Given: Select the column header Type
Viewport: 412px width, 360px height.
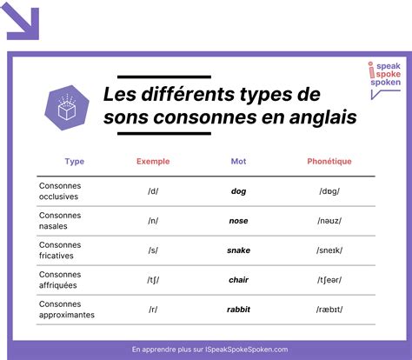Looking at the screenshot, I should click(75, 161).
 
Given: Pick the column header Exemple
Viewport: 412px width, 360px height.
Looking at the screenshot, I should click(153, 161).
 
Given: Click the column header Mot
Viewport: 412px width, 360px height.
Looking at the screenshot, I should click(238, 161).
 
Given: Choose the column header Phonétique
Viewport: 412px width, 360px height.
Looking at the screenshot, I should click(329, 161).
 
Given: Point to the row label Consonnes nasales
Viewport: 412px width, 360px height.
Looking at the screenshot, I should click(58, 220).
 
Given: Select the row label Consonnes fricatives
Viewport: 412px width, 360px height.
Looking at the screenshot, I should click(58, 250).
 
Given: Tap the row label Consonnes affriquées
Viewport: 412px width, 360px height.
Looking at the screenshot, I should click(60, 279).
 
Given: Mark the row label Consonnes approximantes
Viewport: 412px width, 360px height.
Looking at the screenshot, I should click(66, 309).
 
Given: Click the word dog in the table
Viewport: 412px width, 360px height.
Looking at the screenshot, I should click(239, 190).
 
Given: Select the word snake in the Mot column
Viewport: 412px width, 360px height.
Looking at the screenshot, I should click(239, 250).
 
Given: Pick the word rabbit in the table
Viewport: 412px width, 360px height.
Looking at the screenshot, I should click(239, 309).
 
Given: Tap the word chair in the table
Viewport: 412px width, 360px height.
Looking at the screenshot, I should click(239, 279).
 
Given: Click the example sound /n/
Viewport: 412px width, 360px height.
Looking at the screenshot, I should click(153, 220).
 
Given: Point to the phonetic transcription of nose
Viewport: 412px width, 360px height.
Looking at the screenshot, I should click(329, 220).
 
